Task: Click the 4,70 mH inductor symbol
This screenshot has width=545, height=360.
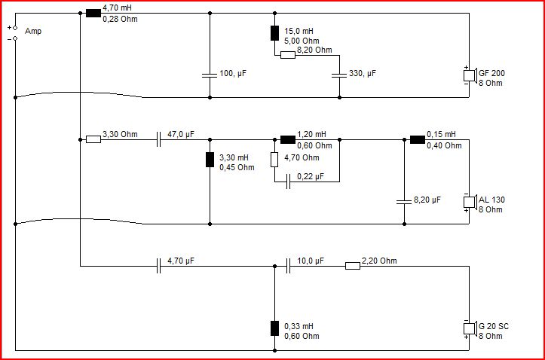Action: coord(93,14)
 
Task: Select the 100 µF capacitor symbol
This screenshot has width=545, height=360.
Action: coord(210,75)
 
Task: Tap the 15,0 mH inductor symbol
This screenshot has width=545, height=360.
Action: coord(274,33)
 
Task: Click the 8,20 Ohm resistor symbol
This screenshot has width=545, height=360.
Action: coord(288,55)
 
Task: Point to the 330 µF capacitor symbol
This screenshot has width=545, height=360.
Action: coord(339,75)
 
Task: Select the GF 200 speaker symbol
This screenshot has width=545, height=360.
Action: coord(470,75)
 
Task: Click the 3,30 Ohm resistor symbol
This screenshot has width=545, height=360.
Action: coord(93,139)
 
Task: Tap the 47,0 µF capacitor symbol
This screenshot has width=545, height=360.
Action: coord(158,139)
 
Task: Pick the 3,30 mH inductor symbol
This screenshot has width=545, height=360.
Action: coord(210,160)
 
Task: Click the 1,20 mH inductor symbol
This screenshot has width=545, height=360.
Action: coord(288,139)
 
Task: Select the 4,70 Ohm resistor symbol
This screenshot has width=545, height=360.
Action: coord(274,160)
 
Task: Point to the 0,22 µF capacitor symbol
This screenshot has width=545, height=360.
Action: coord(288,182)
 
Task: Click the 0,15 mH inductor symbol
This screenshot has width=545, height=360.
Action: coord(418,139)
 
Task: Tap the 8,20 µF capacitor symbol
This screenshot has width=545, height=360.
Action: coord(404,202)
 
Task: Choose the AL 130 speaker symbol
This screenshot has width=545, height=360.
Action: coord(470,202)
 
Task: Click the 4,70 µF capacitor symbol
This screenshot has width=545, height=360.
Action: coord(158,267)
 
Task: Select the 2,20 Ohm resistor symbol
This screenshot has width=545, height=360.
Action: coord(353,267)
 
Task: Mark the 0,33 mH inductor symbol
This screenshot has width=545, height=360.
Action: coord(274,328)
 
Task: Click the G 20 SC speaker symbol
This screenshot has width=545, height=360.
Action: coord(470,328)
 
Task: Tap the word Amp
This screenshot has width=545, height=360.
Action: coord(33,31)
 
